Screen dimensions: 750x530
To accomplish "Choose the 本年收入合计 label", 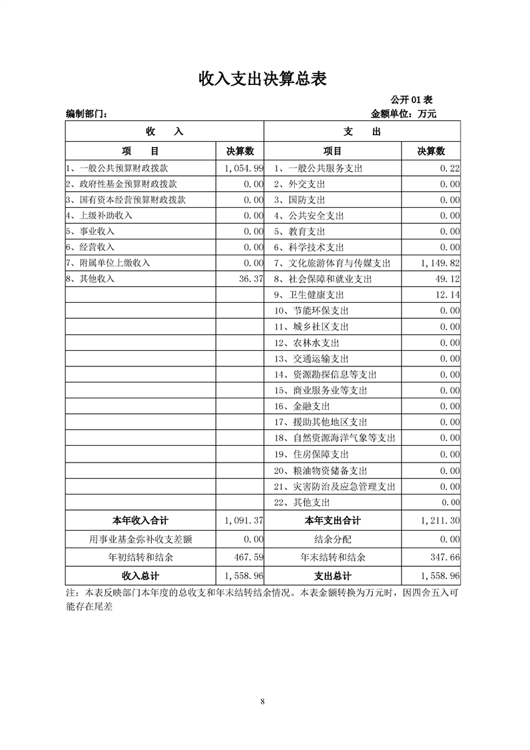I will [x=140, y=521].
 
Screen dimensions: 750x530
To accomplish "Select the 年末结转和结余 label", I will [x=333, y=557].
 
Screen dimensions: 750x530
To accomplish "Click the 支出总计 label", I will [x=333, y=575].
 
